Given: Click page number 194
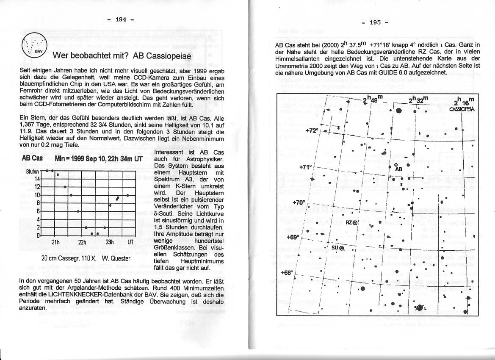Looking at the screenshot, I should click(x=121, y=19).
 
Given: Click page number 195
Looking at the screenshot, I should click(x=375, y=22).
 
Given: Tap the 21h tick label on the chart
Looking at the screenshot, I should click(x=55, y=242).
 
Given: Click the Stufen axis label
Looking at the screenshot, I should click(x=32, y=172).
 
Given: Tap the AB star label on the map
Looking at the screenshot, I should click(x=398, y=169).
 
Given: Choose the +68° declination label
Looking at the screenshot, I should click(x=287, y=273).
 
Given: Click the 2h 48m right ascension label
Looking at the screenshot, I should click(x=373, y=100).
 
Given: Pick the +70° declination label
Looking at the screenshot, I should click(x=299, y=203).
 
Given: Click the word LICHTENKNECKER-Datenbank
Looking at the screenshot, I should click(x=85, y=294).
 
